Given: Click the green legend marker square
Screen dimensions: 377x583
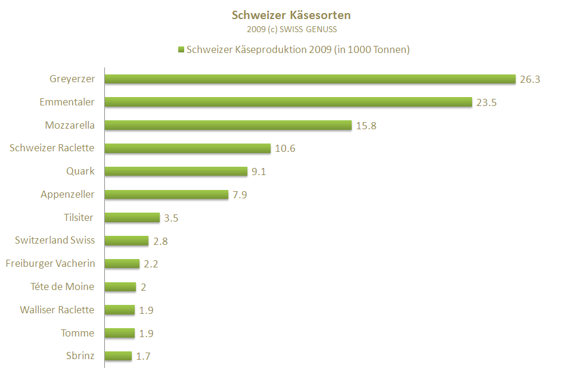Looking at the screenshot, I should [181, 50].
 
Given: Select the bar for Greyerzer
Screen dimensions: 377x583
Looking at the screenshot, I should [310, 79].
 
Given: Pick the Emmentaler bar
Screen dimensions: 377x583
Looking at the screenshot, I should [289, 102].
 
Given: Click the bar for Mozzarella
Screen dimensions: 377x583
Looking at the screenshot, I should [228, 125].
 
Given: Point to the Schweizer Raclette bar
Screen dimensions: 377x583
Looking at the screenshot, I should [188, 148].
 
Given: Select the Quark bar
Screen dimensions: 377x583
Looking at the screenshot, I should [176, 172].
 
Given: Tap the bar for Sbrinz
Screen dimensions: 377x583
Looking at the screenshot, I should [118, 356].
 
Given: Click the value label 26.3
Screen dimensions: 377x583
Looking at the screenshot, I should [530, 79].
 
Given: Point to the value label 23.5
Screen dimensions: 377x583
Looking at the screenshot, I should [486, 102].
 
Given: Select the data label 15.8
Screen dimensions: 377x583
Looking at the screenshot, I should [366, 126].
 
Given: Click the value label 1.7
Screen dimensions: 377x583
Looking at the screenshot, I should [144, 356].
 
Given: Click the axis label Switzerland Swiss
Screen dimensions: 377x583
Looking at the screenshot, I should [55, 240].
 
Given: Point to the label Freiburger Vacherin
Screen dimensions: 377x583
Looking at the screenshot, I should [50, 263].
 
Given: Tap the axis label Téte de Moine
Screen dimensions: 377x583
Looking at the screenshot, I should [62, 286].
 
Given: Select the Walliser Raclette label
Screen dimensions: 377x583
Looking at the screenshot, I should [57, 310].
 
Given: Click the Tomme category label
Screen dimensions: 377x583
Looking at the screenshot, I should [77, 333].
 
